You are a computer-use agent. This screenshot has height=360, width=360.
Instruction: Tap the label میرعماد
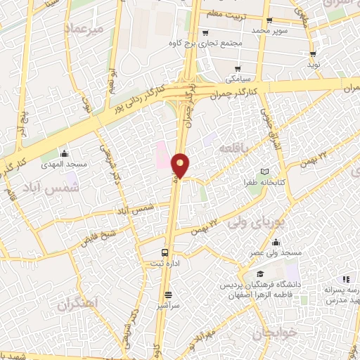pos(82,29)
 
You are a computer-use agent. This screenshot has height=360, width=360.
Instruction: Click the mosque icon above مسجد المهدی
pos(65,153)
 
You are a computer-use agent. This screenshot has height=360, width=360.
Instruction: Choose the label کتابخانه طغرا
pos(264,181)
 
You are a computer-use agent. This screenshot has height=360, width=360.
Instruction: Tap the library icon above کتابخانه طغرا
pos(264,172)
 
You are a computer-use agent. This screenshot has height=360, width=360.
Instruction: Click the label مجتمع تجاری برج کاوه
pos(205,44)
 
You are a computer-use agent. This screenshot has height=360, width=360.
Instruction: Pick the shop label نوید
pos(314,64)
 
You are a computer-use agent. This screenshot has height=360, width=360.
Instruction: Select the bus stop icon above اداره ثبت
pos(165,252)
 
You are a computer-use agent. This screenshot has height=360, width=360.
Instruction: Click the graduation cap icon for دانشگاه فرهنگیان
pos(260,274)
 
